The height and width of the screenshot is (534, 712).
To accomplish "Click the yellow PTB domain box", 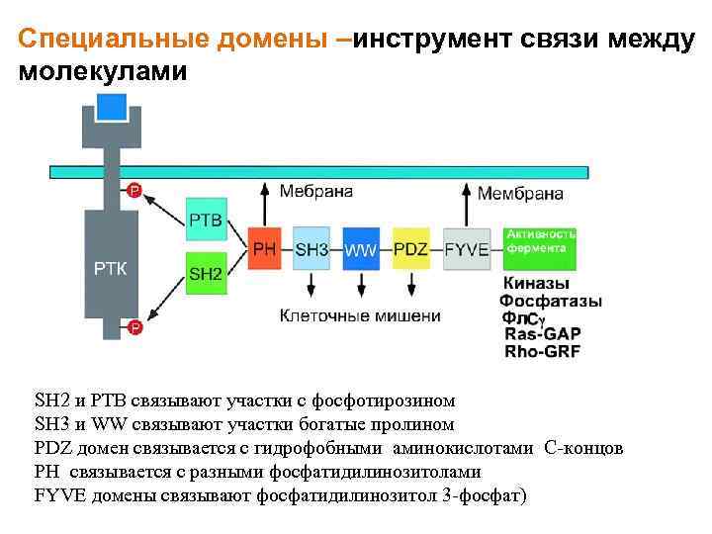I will click(x=205, y=220).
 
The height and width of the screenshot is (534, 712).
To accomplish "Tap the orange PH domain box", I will click(x=265, y=249).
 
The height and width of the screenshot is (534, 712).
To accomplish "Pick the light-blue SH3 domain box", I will click(x=311, y=249).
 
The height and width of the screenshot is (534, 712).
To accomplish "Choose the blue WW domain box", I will click(x=361, y=249).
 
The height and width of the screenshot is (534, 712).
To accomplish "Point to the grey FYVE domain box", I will click(x=467, y=249).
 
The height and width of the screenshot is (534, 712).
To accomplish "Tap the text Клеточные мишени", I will click(x=359, y=316).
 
